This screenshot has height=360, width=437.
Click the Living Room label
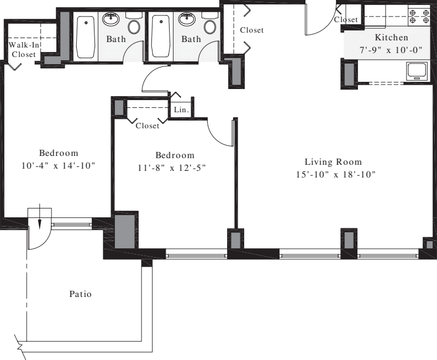click(x=333, y=162)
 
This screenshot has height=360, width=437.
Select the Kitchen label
click(x=391, y=38)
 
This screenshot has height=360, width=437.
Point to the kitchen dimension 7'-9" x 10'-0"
click(x=391, y=49)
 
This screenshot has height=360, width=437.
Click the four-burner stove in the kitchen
click(x=418, y=15)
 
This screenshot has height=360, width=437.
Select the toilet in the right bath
click(x=210, y=25)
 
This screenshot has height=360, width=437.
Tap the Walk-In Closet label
click(x=23, y=50)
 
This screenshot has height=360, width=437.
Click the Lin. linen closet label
click(x=181, y=110)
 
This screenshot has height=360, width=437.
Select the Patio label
click(x=81, y=294)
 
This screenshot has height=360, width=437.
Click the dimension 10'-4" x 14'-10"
click(x=58, y=165)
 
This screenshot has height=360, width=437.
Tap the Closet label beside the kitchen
click(x=346, y=20)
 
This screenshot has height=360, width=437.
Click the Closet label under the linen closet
click(x=147, y=126)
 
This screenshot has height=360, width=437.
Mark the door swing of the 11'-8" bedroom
click(x=221, y=133)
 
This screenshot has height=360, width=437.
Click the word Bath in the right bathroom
click(x=191, y=39)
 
